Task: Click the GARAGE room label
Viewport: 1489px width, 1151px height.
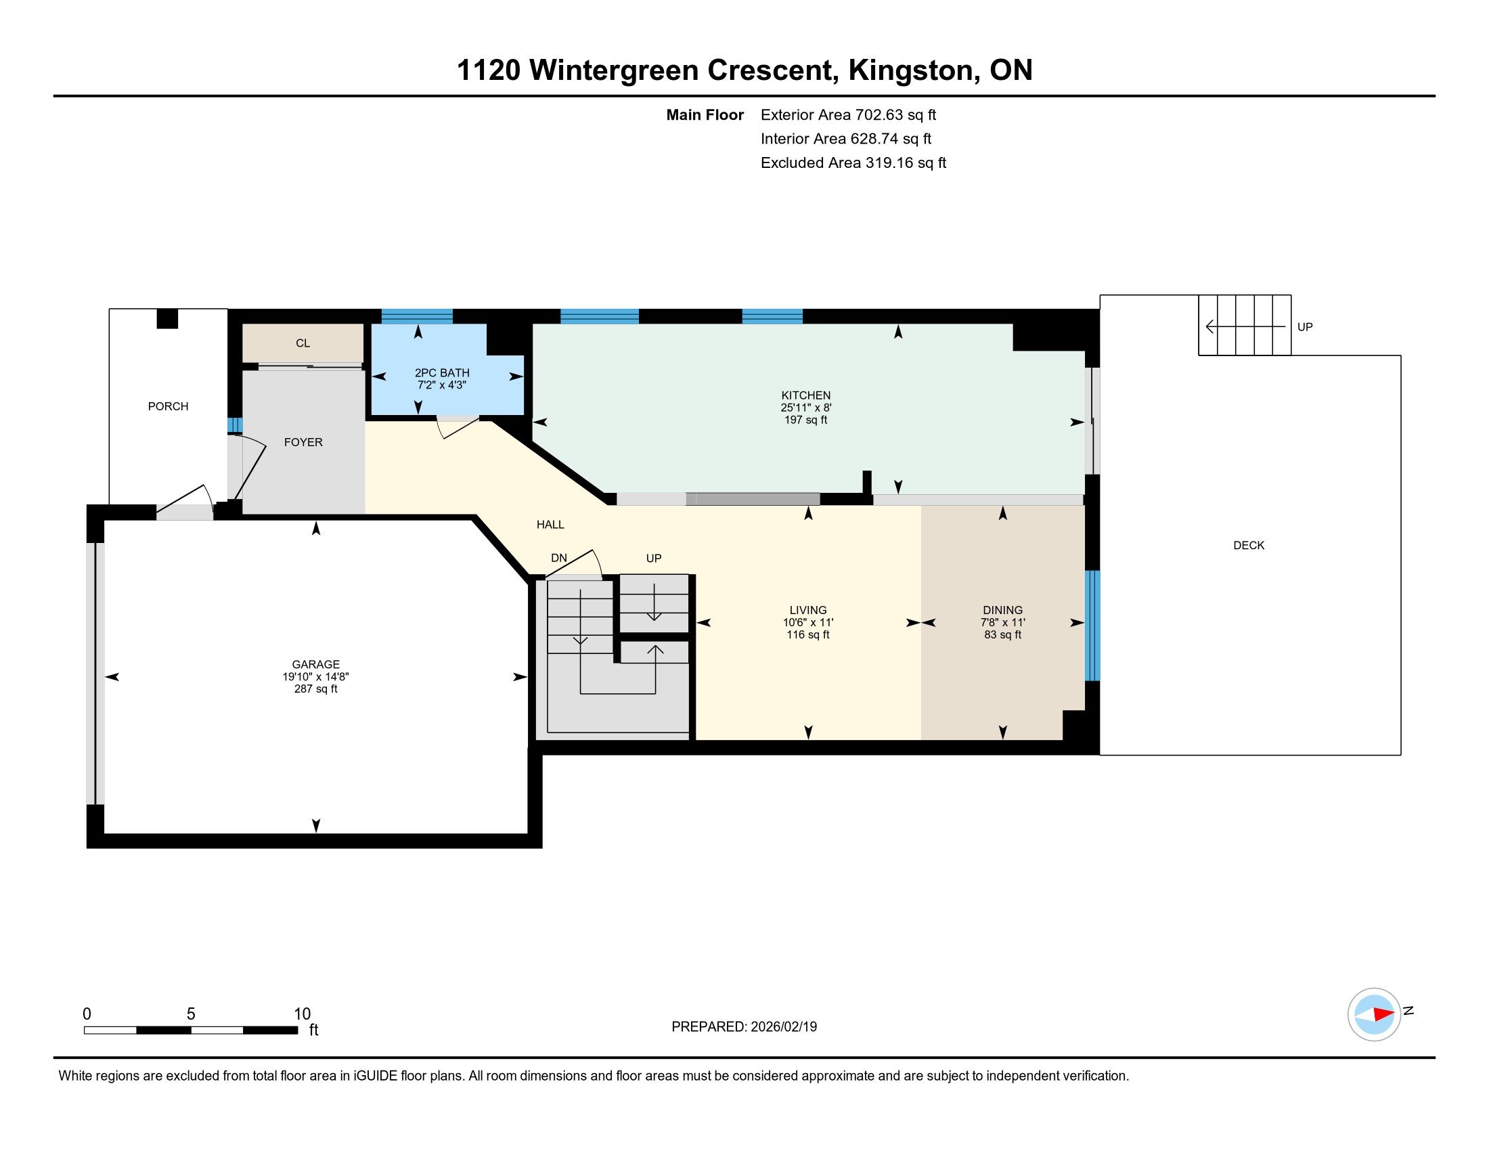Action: click(315, 664)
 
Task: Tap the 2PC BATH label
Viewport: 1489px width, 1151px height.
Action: click(442, 373)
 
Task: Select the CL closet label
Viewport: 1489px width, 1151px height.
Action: click(303, 343)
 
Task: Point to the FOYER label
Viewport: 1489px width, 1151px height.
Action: click(303, 442)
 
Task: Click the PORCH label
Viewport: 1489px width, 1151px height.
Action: click(168, 406)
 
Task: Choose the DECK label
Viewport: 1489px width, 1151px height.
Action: click(1249, 546)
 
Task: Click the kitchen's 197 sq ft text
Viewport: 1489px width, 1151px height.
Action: click(806, 420)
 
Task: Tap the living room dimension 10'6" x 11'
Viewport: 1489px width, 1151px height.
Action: click(808, 622)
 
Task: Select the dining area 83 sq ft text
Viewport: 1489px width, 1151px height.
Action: click(1003, 635)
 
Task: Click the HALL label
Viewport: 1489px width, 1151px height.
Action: click(550, 524)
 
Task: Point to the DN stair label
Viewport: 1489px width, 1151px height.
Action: click(559, 558)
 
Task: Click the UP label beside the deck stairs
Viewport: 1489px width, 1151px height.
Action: click(1305, 326)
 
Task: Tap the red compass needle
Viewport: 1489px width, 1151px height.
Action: click(1383, 1014)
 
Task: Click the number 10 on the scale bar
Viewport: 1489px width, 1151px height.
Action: click(302, 1014)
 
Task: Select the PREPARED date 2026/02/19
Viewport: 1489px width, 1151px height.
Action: click(782, 1027)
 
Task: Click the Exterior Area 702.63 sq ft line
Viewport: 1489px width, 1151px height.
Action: click(848, 115)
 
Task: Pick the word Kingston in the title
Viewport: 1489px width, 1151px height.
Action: click(910, 70)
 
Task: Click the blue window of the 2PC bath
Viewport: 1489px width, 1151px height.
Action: click(416, 316)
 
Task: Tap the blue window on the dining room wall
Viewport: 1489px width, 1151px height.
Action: click(1092, 626)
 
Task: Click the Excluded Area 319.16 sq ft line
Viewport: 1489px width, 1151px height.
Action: click(853, 163)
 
